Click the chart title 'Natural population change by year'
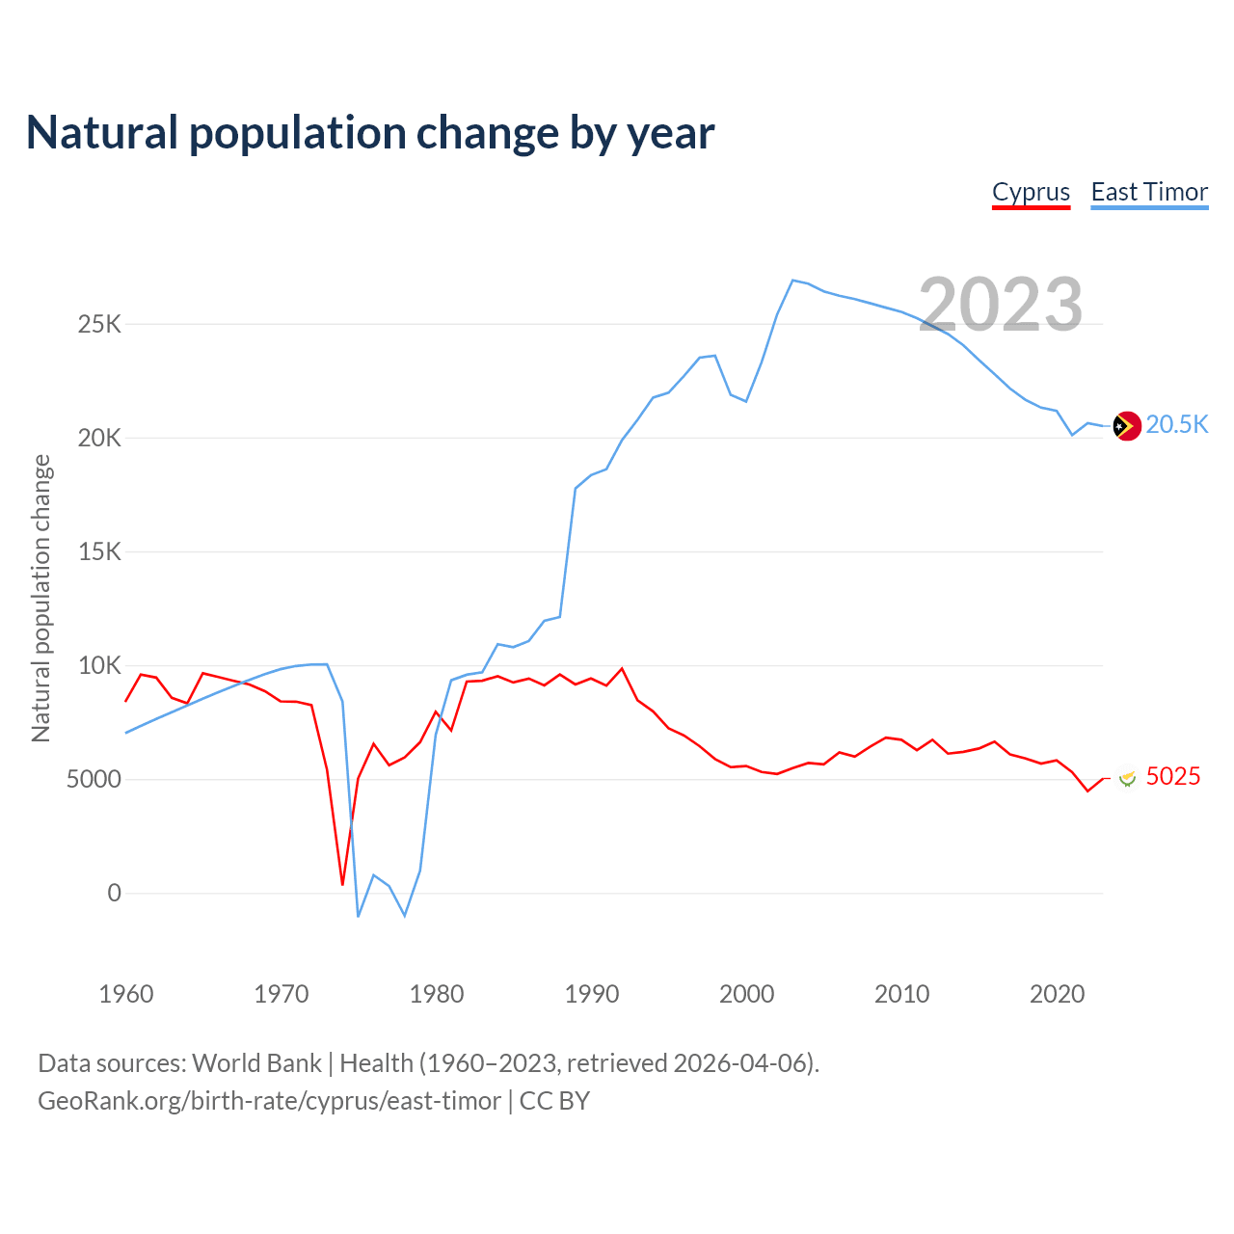tap(370, 133)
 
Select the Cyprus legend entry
tap(1031, 192)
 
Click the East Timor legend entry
tap(1149, 192)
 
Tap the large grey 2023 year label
tap(1001, 305)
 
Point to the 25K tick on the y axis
tap(99, 324)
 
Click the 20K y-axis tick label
tap(99, 439)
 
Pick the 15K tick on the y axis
tap(99, 552)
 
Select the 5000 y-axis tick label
tap(94, 780)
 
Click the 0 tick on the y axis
tap(115, 894)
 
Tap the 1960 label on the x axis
tap(126, 994)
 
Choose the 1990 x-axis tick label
tap(592, 994)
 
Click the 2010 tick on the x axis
tap(902, 994)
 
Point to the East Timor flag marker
tap(1126, 425)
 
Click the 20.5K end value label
tap(1177, 425)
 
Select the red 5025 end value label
tap(1173, 777)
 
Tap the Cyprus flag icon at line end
tap(1126, 778)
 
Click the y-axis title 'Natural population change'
tap(40, 599)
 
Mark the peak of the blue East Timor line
tap(792, 281)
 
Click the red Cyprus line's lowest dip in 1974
tap(342, 884)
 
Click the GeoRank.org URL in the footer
tap(269, 1101)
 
